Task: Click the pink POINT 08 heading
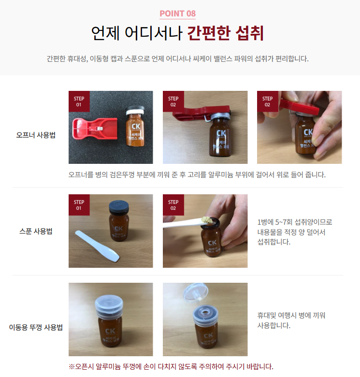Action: [178, 14]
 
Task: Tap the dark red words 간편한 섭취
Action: [226, 33]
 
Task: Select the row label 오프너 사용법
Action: [36, 135]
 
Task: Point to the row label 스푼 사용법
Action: [36, 232]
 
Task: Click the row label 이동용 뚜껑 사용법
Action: [36, 327]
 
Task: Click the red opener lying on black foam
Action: [95, 129]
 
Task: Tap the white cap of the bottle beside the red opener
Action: [135, 111]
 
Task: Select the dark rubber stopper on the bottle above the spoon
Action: [119, 206]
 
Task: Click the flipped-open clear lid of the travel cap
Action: [195, 292]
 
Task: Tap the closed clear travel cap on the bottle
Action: [109, 306]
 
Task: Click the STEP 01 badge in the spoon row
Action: [79, 205]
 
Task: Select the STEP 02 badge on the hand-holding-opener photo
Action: [268, 101]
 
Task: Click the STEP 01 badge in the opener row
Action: [79, 101]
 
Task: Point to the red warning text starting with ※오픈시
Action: [171, 367]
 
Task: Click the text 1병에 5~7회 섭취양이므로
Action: [295, 222]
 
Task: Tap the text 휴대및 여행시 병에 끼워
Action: [291, 315]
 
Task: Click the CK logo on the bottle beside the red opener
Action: [136, 127]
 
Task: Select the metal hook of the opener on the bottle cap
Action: [208, 117]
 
